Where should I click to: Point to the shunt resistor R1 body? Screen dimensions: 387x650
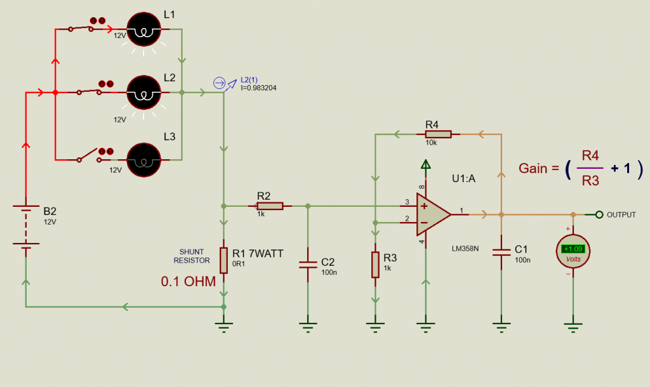click(223, 259)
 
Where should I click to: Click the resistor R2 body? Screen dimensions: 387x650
click(269, 206)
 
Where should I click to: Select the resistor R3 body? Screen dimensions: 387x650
click(375, 265)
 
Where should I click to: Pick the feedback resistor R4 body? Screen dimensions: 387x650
click(437, 134)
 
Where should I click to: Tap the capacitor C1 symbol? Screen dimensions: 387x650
click(501, 251)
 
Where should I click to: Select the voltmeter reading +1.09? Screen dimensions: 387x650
click(573, 249)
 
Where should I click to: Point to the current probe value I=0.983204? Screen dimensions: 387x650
click(258, 88)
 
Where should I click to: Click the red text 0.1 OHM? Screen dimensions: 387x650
click(189, 281)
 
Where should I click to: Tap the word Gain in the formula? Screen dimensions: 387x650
click(534, 168)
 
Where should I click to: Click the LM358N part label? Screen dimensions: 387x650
click(465, 240)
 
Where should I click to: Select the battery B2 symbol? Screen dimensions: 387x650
click(26, 227)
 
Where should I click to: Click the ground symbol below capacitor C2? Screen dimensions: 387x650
click(308, 327)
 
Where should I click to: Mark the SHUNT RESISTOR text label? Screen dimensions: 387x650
click(192, 256)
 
